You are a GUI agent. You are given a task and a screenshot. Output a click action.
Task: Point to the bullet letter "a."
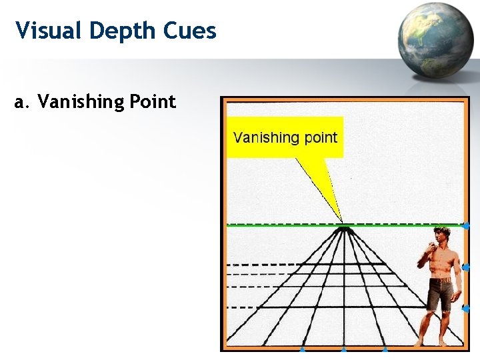coord(22,102)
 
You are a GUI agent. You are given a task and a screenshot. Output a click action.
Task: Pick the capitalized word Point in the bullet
coord(152,103)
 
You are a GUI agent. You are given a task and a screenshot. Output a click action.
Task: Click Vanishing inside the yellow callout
coord(264,138)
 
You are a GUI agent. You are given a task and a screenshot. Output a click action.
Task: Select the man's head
coord(441,235)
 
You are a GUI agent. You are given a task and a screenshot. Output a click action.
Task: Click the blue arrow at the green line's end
coord(466,226)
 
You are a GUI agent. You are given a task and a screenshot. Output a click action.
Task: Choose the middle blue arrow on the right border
coord(466,267)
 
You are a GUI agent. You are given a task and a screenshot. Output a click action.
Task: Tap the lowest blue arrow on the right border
coord(466,309)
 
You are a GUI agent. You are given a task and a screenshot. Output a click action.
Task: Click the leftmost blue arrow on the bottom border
coord(302,349)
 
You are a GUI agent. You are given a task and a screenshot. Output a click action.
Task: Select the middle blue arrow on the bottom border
coord(343,349)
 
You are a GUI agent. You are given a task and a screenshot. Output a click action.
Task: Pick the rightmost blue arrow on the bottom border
coord(385,349)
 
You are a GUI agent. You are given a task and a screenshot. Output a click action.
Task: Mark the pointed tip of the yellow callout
coord(342,223)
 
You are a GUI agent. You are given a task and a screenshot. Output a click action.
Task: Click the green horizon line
coord(280,225)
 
